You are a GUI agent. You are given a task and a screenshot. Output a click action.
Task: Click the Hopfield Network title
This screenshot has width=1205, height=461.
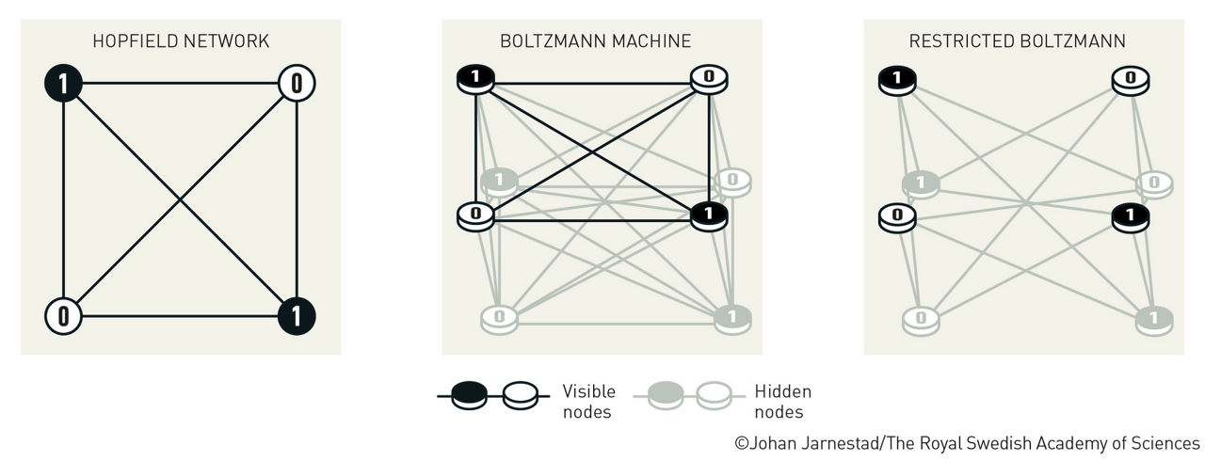pyautogui.click(x=181, y=41)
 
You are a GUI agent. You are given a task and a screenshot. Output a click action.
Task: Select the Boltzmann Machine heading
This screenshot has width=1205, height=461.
pyautogui.click(x=595, y=41)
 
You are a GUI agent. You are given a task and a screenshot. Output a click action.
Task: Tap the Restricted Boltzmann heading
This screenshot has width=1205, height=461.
pyautogui.click(x=1017, y=41)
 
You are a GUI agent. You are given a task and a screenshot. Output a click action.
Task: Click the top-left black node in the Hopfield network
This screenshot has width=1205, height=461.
pyautogui.click(x=63, y=84)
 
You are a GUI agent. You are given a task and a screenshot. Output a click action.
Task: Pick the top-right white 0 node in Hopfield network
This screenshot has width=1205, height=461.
pyautogui.click(x=297, y=84)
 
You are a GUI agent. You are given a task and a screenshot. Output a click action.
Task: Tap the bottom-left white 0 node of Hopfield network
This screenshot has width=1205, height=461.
pyautogui.click(x=63, y=315)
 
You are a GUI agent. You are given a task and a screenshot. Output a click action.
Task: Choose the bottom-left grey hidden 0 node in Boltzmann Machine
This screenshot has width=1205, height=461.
pyautogui.click(x=499, y=318)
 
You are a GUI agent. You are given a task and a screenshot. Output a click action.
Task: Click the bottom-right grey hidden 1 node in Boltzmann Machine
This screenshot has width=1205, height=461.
pyautogui.click(x=731, y=318)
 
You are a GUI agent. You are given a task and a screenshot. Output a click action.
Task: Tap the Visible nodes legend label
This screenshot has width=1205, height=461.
pyautogui.click(x=588, y=401)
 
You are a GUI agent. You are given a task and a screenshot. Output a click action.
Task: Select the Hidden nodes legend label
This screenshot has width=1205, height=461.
pyautogui.click(x=782, y=401)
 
